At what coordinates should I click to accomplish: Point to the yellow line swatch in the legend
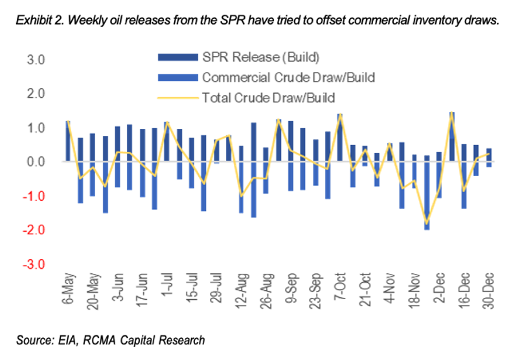pyautogui.click(x=177, y=98)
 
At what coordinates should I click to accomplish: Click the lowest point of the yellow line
pyautogui.click(x=426, y=223)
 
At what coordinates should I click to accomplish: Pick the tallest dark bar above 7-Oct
pyautogui.click(x=340, y=137)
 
